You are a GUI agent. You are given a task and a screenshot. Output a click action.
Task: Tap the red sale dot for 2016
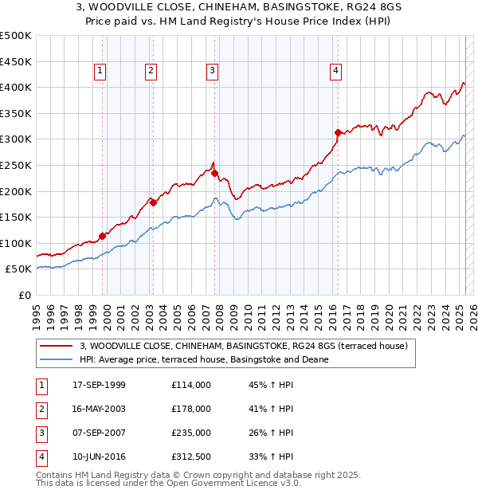click(x=338, y=132)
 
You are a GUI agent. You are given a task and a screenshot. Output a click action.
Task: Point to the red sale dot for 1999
click(x=102, y=236)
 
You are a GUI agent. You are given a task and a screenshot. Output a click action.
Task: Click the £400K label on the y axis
click(x=16, y=87)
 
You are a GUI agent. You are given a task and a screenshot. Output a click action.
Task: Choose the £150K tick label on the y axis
click(x=16, y=217)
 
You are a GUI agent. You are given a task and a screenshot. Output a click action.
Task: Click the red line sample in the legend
click(x=55, y=346)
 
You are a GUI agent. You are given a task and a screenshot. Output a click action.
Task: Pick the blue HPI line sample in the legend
click(x=55, y=359)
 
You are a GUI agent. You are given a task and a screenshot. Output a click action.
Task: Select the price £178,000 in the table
click(x=191, y=409)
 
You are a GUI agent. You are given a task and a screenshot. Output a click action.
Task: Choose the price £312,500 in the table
click(x=191, y=457)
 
